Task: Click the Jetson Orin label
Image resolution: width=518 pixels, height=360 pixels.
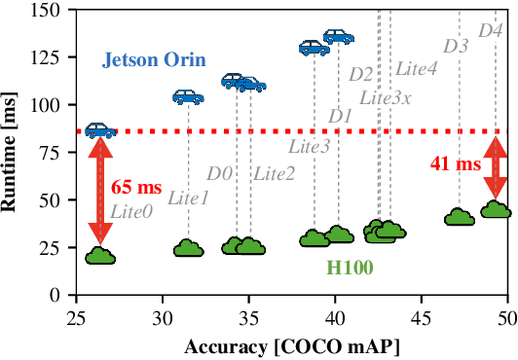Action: (x=154, y=60)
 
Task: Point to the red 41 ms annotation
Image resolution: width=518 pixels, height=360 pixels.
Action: (x=456, y=164)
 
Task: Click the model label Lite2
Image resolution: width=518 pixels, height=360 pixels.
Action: (x=274, y=174)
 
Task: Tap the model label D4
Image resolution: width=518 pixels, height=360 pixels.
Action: (x=491, y=31)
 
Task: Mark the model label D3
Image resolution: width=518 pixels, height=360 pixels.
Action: (x=456, y=46)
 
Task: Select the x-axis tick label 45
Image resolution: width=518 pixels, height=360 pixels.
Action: (x=421, y=317)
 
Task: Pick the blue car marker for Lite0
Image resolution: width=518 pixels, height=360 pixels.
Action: (x=100, y=130)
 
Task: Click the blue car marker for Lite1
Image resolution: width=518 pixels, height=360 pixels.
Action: (x=189, y=96)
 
